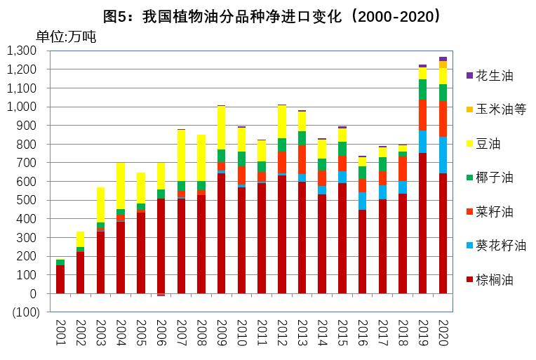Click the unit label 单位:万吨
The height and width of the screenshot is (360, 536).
click(x=66, y=37)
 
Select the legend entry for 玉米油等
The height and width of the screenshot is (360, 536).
click(x=500, y=109)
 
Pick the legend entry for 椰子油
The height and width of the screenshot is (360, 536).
click(x=495, y=178)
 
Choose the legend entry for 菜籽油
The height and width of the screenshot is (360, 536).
click(x=495, y=212)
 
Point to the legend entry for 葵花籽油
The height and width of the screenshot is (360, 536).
click(x=500, y=246)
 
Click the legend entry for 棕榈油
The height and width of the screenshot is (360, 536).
click(x=495, y=280)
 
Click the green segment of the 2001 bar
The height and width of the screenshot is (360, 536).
click(x=60, y=262)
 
